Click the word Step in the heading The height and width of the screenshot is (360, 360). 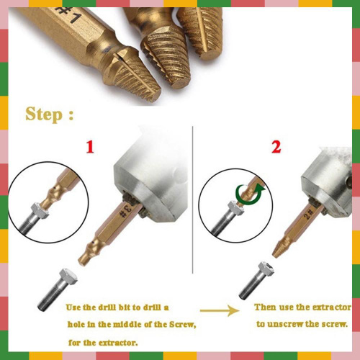click(44, 114)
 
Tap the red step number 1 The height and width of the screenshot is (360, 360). click(90, 147)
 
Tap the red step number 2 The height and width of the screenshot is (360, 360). click(276, 147)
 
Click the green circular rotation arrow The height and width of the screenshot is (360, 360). click(249, 194)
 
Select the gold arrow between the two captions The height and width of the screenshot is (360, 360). click(220, 310)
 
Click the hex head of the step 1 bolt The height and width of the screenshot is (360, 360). click(68, 276)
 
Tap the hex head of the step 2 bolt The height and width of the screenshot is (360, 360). click(266, 269)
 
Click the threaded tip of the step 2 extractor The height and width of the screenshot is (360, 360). click(279, 249)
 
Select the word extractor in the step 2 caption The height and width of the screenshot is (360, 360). click(336, 307)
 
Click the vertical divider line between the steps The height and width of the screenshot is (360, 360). click(193, 199)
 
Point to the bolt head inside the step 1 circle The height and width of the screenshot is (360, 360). click(40, 210)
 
